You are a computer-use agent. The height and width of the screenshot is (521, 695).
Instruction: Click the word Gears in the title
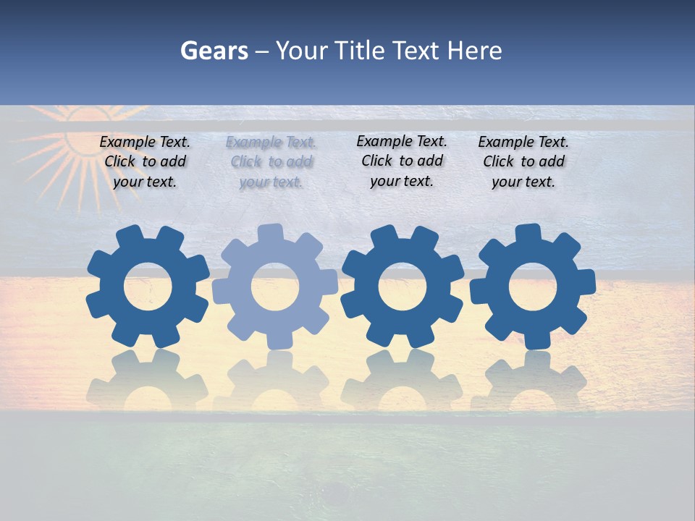point(214,51)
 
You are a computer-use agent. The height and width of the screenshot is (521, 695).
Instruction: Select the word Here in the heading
point(474,51)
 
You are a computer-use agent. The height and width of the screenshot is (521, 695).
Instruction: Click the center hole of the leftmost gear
point(148,287)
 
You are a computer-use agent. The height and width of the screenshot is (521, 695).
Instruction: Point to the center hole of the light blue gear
point(275,287)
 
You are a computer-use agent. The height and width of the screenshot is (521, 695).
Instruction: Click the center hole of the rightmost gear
point(533,287)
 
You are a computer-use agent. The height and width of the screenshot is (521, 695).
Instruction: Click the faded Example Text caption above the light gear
point(271,162)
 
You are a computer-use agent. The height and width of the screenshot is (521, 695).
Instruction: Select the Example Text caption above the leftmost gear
point(145,162)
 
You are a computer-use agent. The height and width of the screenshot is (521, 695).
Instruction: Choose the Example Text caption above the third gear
point(402,161)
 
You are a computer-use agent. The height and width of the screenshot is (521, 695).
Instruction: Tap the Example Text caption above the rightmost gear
point(523,162)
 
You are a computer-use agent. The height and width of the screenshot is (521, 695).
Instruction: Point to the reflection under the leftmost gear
point(148,380)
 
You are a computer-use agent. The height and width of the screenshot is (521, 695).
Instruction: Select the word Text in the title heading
point(416,51)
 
